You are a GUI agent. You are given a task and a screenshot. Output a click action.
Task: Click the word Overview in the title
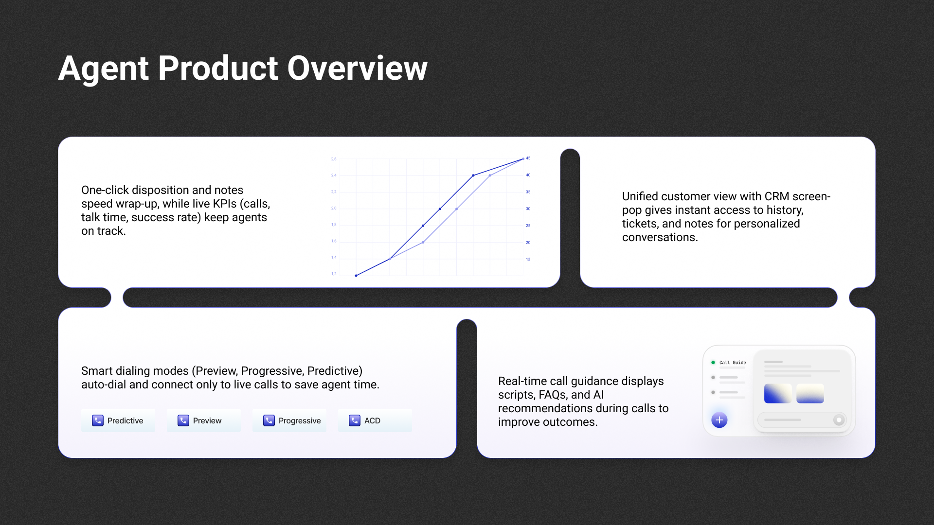click(357, 68)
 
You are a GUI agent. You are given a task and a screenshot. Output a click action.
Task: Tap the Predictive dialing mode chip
click(118, 420)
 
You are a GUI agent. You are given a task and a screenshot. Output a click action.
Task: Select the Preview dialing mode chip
click(204, 420)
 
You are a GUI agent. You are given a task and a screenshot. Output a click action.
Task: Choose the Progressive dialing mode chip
click(289, 420)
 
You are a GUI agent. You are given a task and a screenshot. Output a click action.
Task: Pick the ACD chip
click(375, 420)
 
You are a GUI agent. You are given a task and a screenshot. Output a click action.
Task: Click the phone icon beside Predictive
click(98, 420)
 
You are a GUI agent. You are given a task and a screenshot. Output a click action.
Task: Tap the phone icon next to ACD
click(355, 420)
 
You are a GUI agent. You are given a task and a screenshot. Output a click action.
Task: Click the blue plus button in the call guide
click(719, 420)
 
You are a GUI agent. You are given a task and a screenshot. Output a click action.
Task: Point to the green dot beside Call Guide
click(713, 363)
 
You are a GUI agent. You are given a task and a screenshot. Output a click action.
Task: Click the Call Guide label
click(733, 363)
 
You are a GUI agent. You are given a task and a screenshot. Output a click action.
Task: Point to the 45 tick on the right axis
click(528, 158)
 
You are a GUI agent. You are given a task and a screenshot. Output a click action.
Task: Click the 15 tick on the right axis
click(528, 259)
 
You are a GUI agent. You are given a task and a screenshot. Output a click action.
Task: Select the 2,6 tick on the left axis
click(334, 159)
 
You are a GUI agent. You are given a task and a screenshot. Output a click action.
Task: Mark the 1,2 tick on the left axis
click(334, 274)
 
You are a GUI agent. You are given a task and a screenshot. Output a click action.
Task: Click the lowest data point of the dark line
click(356, 276)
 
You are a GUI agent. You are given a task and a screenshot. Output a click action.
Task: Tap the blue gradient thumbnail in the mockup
click(778, 393)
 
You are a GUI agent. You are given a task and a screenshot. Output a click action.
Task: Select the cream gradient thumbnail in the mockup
click(810, 393)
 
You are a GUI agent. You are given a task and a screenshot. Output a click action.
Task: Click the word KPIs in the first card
click(225, 204)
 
